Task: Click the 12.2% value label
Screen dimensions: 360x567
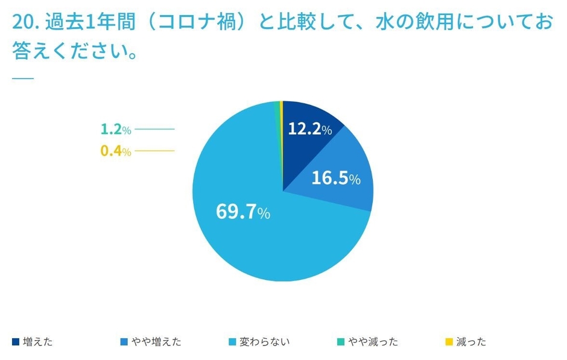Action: [x=309, y=129]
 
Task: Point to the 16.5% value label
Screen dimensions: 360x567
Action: [x=336, y=178]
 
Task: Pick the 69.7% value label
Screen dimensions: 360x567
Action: [x=243, y=212]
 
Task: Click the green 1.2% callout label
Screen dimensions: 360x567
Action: [x=115, y=129]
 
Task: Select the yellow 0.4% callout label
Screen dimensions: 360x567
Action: [x=115, y=151]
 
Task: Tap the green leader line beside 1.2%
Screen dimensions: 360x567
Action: [x=154, y=129]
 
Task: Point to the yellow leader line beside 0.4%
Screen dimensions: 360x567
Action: [x=154, y=151]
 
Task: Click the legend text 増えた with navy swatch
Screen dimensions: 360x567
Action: [x=37, y=342]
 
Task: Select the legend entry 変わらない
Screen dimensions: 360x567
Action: [x=264, y=342]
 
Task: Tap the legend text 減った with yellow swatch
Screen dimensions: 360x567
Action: [x=470, y=342]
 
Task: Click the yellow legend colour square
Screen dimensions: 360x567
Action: [x=449, y=342]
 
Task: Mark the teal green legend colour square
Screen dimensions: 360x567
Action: [x=341, y=342]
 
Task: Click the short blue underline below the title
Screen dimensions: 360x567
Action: [x=23, y=78]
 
